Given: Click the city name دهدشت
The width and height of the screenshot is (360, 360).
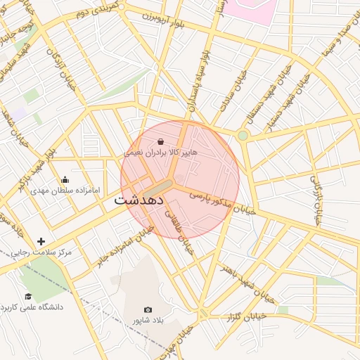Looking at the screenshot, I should [x=138, y=200].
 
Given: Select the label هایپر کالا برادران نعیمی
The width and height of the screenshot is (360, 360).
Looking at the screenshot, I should [x=161, y=152].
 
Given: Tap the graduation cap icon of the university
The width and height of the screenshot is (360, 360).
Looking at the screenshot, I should [x=28, y=297].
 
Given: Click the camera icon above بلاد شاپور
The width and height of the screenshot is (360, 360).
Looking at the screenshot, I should [x=148, y=309].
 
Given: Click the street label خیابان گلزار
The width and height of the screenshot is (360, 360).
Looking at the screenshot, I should [x=246, y=317].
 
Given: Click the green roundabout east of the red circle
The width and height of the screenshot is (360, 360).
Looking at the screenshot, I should [x=243, y=135].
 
